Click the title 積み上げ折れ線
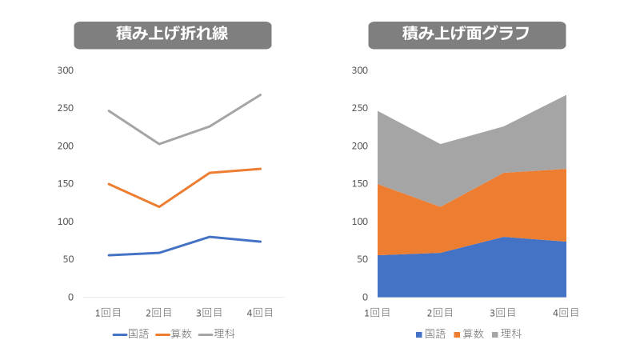[172, 35]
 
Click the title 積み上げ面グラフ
[466, 35]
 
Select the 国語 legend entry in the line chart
[131, 334]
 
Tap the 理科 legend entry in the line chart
[217, 334]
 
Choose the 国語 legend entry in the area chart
[430, 334]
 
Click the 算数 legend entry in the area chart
[469, 334]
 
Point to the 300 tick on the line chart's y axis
[66, 70]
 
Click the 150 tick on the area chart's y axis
[360, 184]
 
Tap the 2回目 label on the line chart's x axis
[158, 313]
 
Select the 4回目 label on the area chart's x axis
[566, 313]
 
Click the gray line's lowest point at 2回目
[158, 144]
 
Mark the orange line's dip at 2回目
[158, 207]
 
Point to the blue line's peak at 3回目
[210, 237]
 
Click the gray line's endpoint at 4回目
[261, 94]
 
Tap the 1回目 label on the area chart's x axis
[377, 313]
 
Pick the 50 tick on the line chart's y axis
[68, 259]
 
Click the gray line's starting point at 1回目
[108, 110]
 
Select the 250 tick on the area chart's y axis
[360, 108]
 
